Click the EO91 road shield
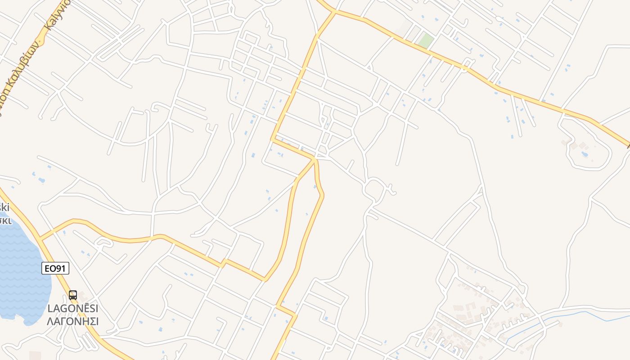tap(56, 269)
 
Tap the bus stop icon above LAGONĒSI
tap(73, 295)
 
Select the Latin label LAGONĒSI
tap(73, 309)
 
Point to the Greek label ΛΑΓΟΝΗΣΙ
tap(73, 321)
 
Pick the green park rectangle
tap(425, 41)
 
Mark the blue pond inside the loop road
tap(585, 154)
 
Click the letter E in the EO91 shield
tap(47, 269)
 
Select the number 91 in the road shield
tap(61, 269)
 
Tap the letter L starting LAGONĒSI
tap(50, 309)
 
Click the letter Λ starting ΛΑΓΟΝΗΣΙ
tap(50, 321)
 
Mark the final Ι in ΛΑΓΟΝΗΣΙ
tap(97, 321)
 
